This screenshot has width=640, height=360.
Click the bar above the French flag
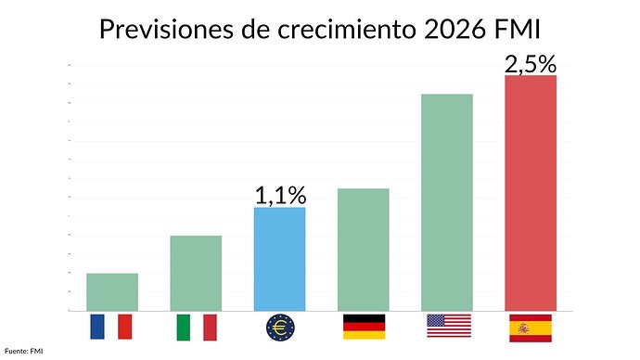(112, 292)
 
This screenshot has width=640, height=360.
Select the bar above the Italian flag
(196, 273)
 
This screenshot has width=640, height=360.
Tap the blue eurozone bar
(279, 259)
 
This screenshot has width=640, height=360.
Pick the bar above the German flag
(364, 250)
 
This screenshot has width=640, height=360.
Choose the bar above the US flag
(447, 202)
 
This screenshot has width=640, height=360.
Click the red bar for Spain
(531, 193)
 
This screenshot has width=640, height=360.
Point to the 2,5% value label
(531, 65)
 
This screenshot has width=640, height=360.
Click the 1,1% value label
(280, 196)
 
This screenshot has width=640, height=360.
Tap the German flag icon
(365, 327)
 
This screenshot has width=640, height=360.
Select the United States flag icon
(449, 326)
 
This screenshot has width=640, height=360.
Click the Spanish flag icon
(531, 328)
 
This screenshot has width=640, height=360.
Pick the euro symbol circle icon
(280, 328)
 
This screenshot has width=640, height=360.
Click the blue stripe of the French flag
(97, 327)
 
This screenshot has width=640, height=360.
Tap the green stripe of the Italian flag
(184, 328)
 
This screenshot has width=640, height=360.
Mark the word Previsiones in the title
(167, 30)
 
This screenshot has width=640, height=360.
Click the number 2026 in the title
(455, 30)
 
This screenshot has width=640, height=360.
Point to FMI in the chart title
(518, 30)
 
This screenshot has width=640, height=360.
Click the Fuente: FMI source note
(24, 351)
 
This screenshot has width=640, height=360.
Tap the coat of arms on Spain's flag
(523, 328)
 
